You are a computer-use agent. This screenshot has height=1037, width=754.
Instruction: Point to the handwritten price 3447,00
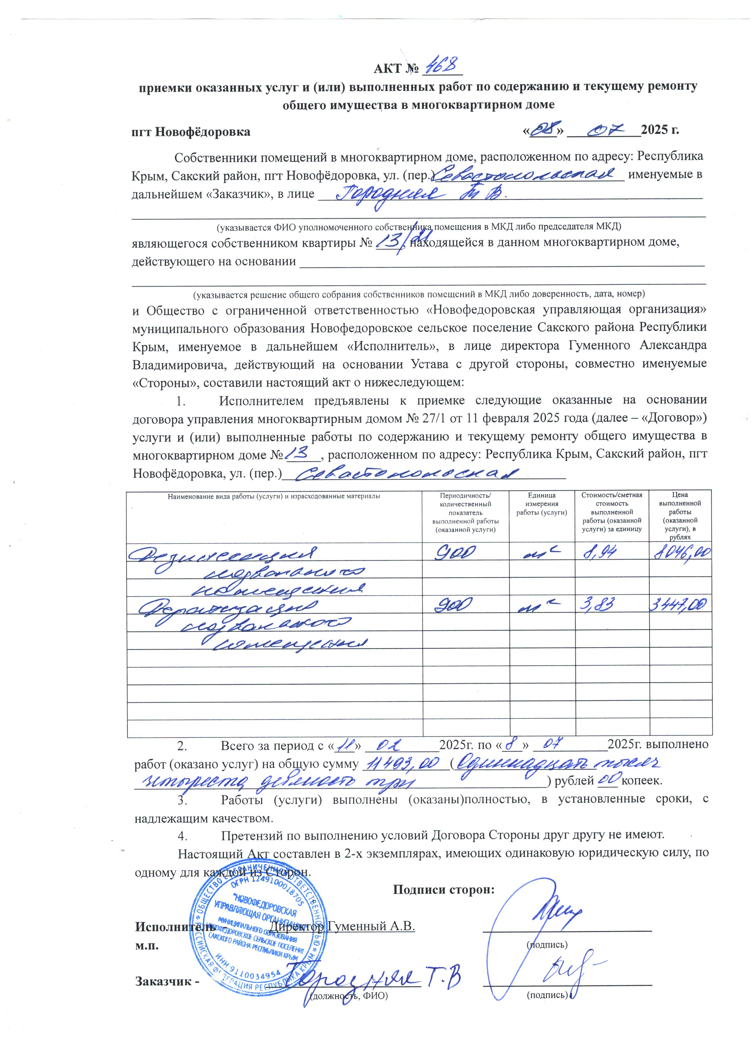681,605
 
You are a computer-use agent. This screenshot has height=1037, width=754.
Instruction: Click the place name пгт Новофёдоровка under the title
191,132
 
